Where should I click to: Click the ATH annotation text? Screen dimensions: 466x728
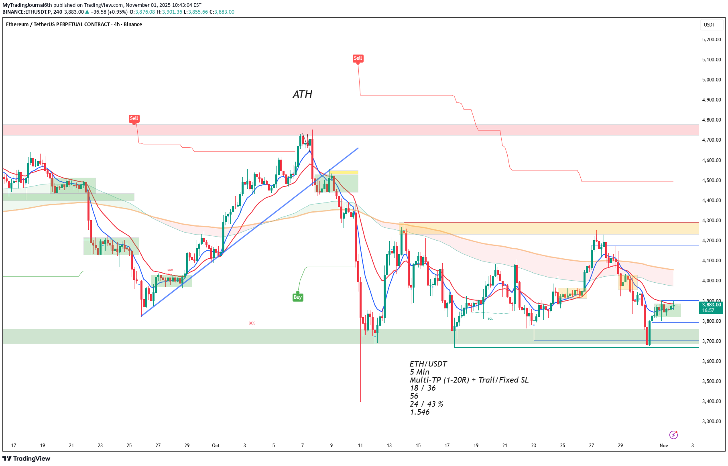(x=302, y=94)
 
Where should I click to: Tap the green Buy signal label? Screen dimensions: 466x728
(x=297, y=297)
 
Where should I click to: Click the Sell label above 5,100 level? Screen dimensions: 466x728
(x=358, y=58)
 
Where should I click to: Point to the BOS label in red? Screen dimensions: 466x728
(x=252, y=323)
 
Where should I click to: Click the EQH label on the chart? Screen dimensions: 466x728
(x=170, y=270)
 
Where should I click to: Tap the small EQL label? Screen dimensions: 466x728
(x=490, y=319)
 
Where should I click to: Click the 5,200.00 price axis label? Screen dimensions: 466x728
(x=711, y=40)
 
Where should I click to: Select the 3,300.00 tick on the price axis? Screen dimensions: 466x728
(x=711, y=421)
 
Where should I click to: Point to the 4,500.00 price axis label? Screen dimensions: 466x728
(x=711, y=180)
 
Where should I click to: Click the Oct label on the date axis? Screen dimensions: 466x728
(x=216, y=446)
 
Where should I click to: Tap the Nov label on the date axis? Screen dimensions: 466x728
(x=664, y=446)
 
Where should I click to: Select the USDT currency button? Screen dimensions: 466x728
(x=709, y=25)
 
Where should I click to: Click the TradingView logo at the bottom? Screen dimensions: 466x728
(x=26, y=458)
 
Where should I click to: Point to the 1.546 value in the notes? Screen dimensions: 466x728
(x=420, y=412)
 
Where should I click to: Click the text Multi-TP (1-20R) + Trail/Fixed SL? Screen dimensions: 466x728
(x=469, y=380)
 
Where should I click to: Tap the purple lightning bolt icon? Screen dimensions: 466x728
(x=673, y=435)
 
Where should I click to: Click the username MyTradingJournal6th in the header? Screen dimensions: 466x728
(x=27, y=5)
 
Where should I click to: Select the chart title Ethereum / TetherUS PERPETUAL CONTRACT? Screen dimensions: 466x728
(x=58, y=24)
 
